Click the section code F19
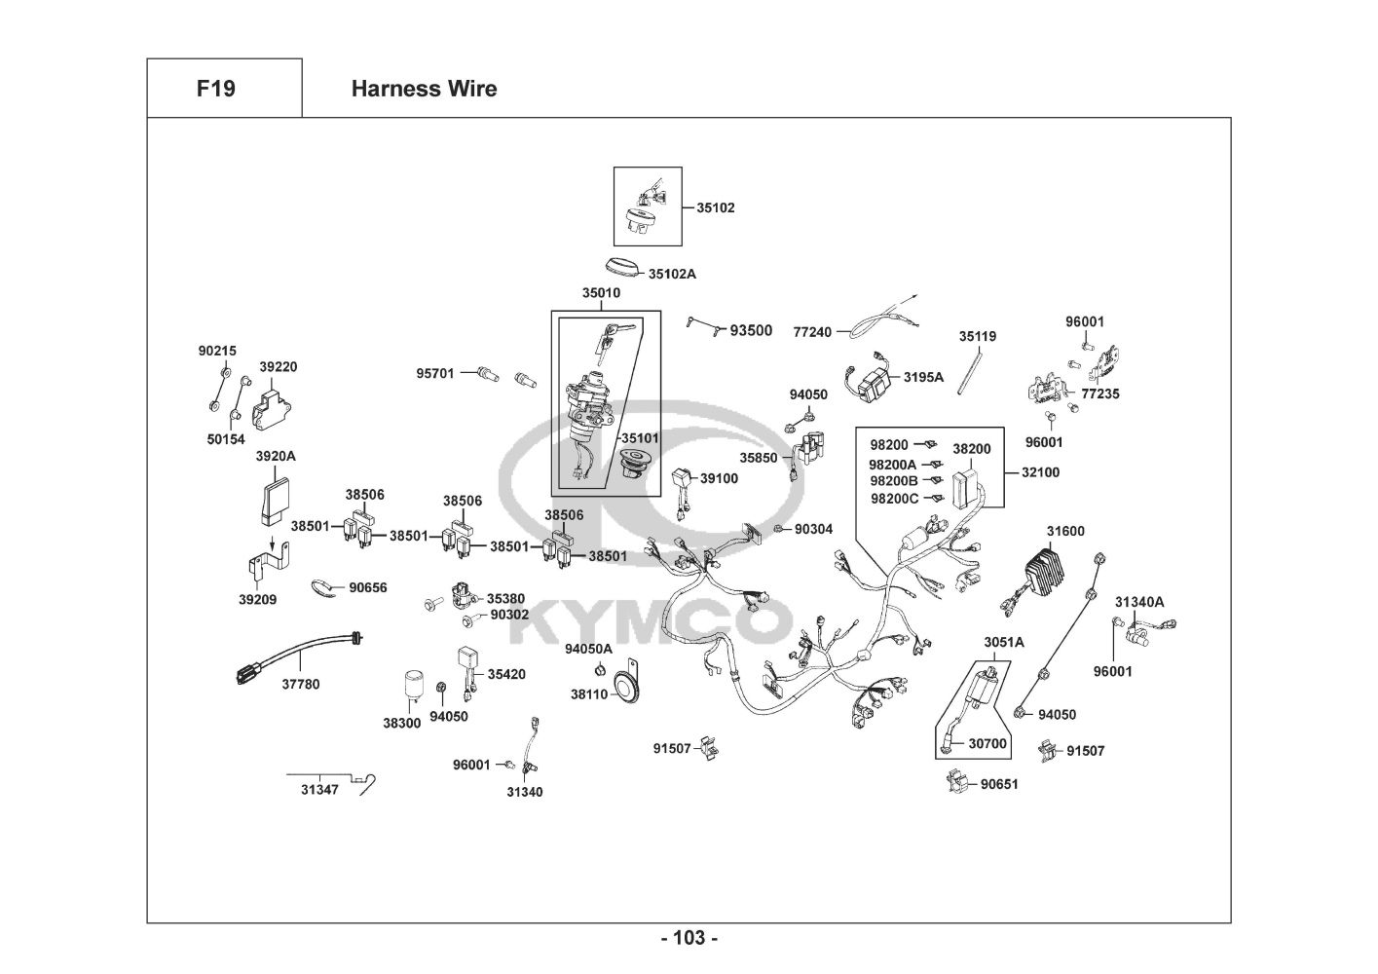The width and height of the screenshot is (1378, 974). click(215, 89)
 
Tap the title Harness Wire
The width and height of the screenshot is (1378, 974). click(424, 89)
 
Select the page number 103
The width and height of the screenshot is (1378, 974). click(689, 939)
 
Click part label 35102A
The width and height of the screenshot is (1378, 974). click(672, 275)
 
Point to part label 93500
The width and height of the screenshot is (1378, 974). click(751, 331)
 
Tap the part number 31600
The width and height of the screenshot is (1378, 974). click(1065, 531)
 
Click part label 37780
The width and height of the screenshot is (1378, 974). click(301, 685)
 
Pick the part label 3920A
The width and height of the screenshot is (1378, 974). click(276, 456)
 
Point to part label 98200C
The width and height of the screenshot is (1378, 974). click(894, 499)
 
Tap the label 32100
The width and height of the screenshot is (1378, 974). click(1040, 472)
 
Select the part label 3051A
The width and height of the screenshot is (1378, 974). click(1003, 643)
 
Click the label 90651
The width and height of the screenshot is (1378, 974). click(999, 784)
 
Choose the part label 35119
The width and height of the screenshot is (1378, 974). click(977, 337)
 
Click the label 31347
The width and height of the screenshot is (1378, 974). click(318, 790)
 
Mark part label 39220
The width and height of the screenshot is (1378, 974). click(278, 367)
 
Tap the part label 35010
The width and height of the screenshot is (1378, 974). click(601, 293)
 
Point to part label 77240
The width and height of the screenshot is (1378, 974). click(812, 332)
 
